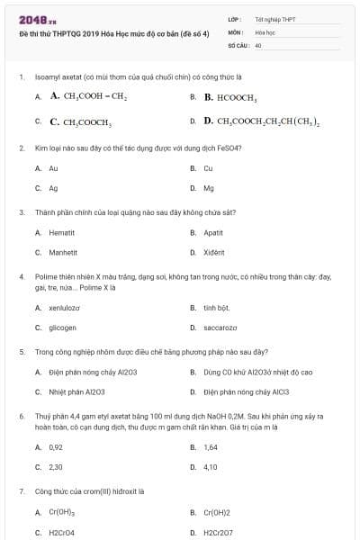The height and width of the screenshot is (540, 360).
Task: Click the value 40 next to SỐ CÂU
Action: click(258, 44)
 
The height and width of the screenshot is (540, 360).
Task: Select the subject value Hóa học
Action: click(264, 31)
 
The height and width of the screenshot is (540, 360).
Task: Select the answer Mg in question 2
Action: click(209, 188)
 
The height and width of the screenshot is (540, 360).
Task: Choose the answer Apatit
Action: click(213, 232)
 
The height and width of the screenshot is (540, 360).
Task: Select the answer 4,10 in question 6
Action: click(211, 467)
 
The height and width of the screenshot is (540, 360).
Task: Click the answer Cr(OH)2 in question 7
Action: click(217, 512)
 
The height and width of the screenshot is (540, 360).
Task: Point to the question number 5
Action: click(22, 352)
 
